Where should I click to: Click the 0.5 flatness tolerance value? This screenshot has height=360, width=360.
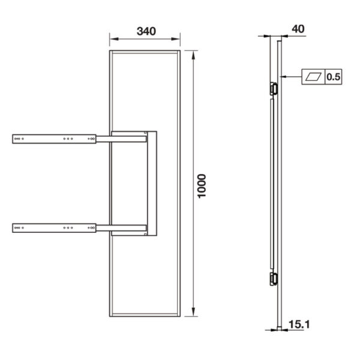click(x=334, y=77)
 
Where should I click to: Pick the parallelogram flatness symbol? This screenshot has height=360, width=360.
click(x=314, y=77)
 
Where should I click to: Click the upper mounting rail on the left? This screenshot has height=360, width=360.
click(x=55, y=139)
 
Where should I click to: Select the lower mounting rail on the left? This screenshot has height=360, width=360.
click(x=55, y=227)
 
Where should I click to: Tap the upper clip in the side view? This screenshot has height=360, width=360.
click(x=274, y=88)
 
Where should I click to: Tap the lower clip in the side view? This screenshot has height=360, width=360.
click(x=274, y=278)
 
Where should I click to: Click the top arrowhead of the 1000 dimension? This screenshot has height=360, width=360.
click(x=193, y=55)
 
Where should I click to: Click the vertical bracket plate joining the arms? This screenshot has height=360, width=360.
click(x=152, y=183)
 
